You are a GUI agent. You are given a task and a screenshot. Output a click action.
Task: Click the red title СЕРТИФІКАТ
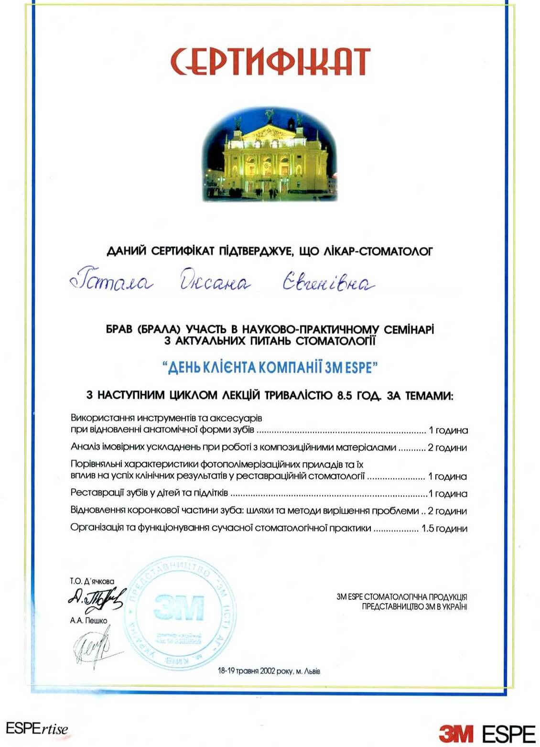(x=270, y=62)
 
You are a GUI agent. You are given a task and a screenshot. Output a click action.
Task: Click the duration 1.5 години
(x=444, y=529)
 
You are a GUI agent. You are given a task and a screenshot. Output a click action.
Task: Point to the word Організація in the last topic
(x=95, y=528)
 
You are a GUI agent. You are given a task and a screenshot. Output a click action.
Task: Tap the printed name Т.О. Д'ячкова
(x=92, y=582)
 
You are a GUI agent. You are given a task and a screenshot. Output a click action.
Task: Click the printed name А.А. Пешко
(x=88, y=621)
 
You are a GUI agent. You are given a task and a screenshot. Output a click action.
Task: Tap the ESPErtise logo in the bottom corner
(x=37, y=730)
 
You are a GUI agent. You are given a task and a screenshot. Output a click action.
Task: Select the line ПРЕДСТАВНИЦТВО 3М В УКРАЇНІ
(x=414, y=606)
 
